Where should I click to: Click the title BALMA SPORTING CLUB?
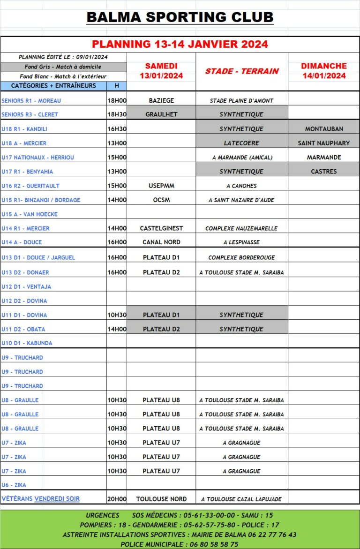click(x=180, y=17)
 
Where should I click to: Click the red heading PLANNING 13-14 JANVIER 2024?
click(x=180, y=44)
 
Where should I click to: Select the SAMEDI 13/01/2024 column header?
click(x=161, y=71)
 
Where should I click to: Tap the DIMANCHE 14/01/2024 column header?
click(x=324, y=71)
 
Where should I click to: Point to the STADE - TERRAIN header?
click(x=242, y=71)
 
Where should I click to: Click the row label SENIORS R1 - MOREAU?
click(x=31, y=100)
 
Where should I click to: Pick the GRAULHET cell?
click(x=161, y=114)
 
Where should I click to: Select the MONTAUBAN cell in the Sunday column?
click(x=324, y=128)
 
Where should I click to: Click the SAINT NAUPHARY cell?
click(x=324, y=143)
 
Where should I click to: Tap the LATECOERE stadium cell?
click(x=241, y=143)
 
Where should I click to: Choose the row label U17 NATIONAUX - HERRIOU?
click(x=37, y=158)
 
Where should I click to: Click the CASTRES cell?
click(x=324, y=171)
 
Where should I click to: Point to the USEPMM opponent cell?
click(x=161, y=186)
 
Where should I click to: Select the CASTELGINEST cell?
click(x=161, y=228)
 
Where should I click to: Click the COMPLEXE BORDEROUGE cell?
click(x=241, y=257)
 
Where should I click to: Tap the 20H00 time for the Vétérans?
click(x=117, y=499)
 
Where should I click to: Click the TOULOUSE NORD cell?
click(x=161, y=499)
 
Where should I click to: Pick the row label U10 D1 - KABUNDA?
click(x=27, y=343)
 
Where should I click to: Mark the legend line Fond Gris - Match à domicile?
click(x=63, y=67)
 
